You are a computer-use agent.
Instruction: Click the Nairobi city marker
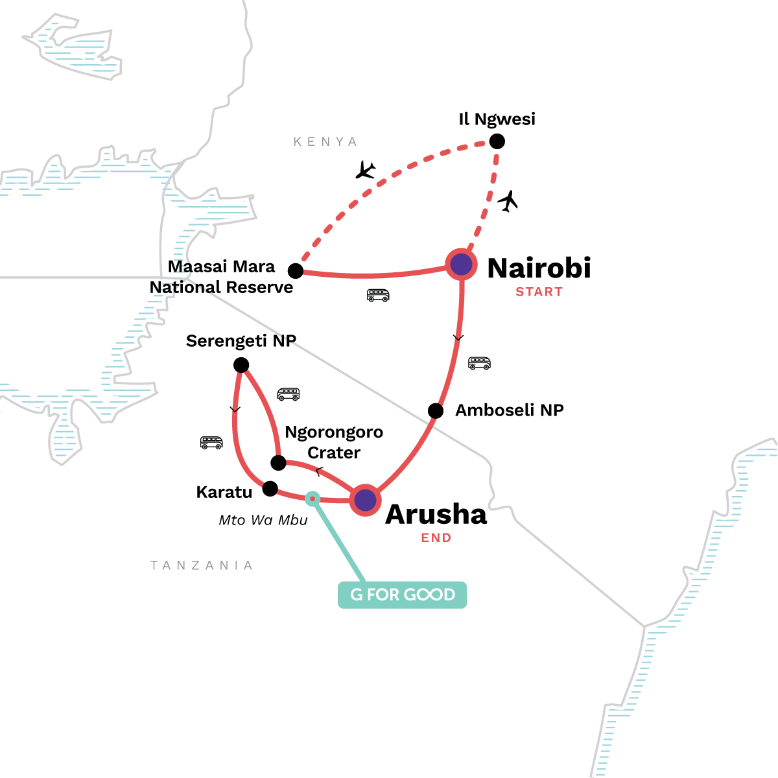[461, 265]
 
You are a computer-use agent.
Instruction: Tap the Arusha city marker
[365, 500]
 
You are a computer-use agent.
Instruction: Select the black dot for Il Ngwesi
[497, 141]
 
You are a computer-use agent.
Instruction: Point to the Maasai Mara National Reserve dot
[296, 270]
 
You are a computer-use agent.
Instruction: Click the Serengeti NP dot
[241, 365]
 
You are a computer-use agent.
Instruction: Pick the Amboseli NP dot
[436, 410]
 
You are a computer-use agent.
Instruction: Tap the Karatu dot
[270, 489]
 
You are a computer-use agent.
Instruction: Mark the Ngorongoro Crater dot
[278, 462]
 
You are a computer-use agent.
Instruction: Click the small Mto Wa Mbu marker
[312, 498]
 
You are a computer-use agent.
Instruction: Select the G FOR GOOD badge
[402, 595]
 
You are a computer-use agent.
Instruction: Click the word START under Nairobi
[539, 292]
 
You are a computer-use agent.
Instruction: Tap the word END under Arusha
[436, 537]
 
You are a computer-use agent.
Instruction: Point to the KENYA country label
[325, 142]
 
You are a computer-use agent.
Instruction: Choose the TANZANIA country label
[202, 565]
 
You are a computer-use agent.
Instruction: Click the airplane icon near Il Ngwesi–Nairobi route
[509, 201]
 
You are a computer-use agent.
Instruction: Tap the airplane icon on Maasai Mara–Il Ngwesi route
[366, 171]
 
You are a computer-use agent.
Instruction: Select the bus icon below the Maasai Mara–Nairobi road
[378, 296]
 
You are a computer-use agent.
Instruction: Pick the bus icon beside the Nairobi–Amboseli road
[479, 363]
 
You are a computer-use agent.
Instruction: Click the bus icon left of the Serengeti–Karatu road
[211, 443]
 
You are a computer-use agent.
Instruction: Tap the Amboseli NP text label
[510, 410]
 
